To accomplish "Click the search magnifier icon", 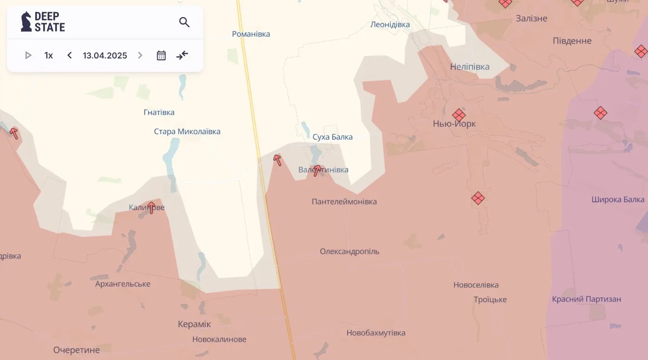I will (184, 22).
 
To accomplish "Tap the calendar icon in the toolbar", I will (161, 56).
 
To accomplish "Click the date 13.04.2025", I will (105, 56).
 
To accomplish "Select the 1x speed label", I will (49, 56).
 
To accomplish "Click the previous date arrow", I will (70, 56).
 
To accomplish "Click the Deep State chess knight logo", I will (26, 22).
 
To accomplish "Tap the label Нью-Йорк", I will (454, 124).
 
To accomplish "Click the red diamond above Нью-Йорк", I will (459, 115).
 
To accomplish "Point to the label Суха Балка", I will (332, 137).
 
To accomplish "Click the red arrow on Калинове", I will (151, 207).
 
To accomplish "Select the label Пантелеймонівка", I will (344, 202).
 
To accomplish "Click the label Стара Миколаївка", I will (187, 132).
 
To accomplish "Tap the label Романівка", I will (251, 34).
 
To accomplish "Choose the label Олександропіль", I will (350, 251).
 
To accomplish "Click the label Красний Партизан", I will (586, 299).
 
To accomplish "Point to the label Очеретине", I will (76, 350).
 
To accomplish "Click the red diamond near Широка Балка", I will (600, 112).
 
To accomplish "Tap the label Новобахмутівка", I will (376, 333).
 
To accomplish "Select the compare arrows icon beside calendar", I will (182, 56).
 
